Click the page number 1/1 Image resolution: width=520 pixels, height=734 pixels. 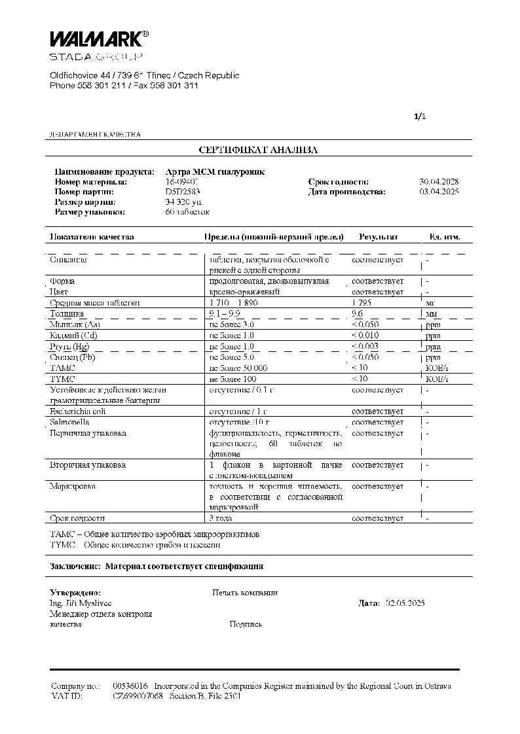click(x=420, y=116)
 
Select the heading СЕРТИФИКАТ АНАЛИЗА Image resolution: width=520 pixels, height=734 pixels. click(x=258, y=150)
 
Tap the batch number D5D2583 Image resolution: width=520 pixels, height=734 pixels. click(x=183, y=192)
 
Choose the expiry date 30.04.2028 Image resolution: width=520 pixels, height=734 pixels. click(x=439, y=182)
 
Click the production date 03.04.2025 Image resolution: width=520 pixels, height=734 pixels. click(x=439, y=192)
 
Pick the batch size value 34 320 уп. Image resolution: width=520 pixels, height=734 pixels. click(x=185, y=202)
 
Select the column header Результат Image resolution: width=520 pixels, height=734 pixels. click(x=378, y=237)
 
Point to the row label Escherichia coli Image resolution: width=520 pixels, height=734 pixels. click(x=77, y=411)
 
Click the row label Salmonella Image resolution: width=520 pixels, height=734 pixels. click(x=65, y=422)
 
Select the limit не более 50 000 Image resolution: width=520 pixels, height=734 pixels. click(x=238, y=368)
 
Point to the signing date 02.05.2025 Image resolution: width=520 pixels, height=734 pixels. click(x=405, y=603)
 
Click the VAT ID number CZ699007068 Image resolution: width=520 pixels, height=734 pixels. click(x=138, y=696)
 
